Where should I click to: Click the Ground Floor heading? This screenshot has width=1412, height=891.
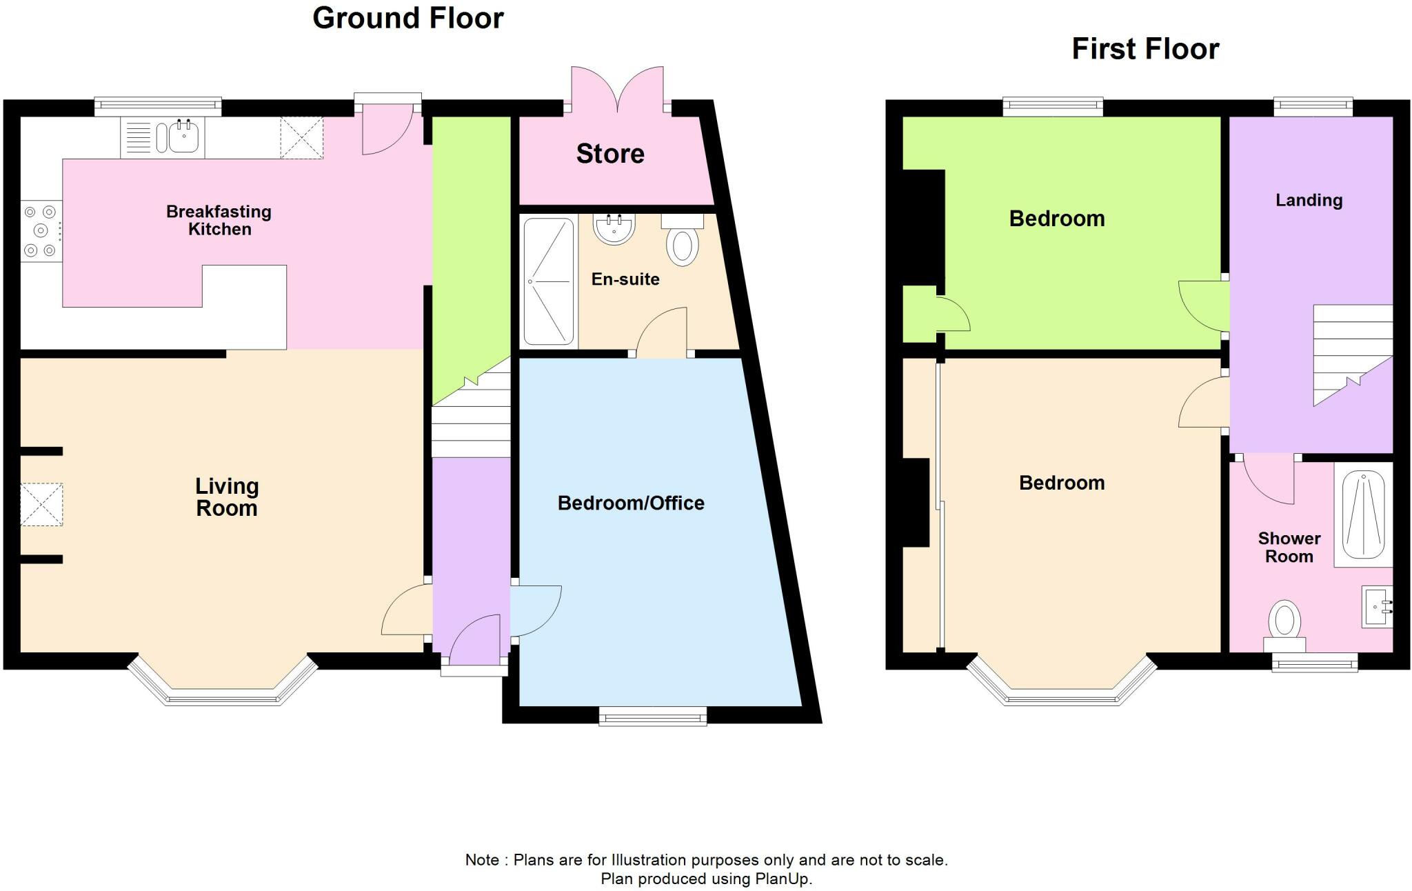[x=408, y=19]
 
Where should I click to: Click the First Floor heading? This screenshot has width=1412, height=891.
[x=1145, y=49]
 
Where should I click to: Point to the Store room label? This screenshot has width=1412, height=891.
[x=610, y=154]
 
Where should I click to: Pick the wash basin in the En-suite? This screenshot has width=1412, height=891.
[x=614, y=228]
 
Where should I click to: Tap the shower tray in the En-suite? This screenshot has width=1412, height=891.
[x=549, y=281]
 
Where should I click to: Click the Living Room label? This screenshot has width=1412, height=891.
[x=227, y=497]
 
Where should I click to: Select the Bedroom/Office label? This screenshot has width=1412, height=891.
[x=631, y=503]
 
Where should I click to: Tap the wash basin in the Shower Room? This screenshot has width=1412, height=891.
[x=1377, y=607]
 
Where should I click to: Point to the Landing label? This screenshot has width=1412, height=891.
[x=1309, y=201]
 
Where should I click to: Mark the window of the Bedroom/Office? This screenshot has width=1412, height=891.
[x=653, y=716]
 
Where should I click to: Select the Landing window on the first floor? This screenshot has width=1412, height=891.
[x=1313, y=106]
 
